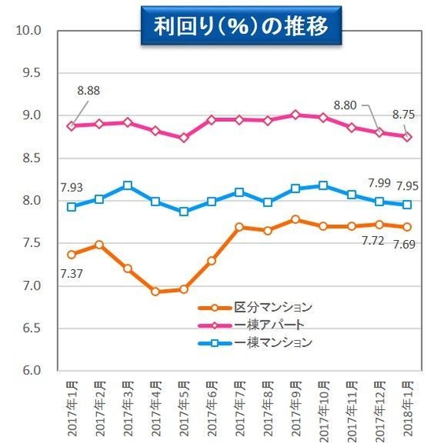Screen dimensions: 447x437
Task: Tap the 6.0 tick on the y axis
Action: pos(31,370)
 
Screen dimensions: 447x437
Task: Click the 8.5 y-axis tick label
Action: pos(31,158)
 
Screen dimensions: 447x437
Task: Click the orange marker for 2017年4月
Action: pos(156,291)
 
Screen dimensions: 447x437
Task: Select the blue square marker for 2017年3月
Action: pos(128,186)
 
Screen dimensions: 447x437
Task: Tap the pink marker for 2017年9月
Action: pos(295,115)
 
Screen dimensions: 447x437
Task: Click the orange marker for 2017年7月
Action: pos(239,227)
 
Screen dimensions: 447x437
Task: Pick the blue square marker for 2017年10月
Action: pos(323,186)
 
